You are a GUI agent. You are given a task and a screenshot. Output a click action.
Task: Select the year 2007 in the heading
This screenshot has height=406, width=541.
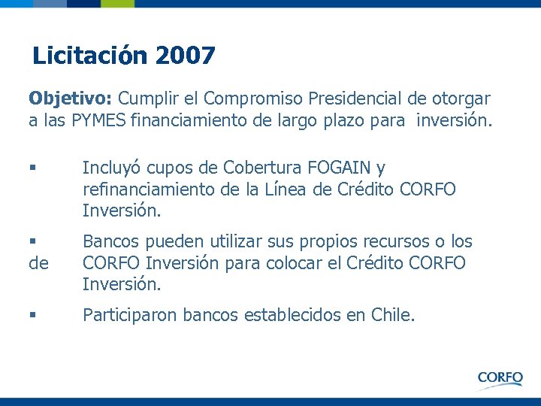(186, 56)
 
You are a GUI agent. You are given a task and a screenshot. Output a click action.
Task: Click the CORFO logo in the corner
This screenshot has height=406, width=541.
(500, 377)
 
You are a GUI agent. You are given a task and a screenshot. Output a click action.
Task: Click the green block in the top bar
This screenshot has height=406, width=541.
(118, 4)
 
